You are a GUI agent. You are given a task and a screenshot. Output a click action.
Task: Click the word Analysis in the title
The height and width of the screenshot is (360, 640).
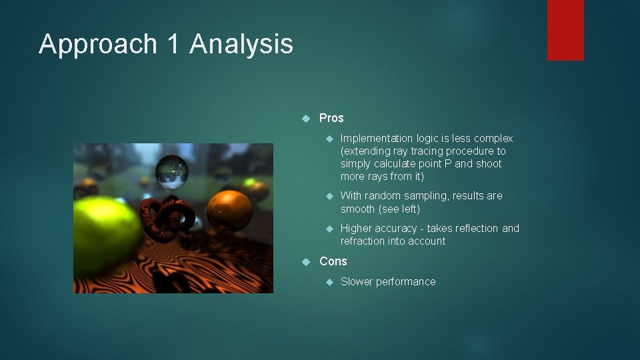tap(241, 45)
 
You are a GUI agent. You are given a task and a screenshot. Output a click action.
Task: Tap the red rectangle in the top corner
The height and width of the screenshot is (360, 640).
tap(565, 30)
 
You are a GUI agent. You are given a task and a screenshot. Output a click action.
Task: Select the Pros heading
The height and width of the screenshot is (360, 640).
tap(331, 118)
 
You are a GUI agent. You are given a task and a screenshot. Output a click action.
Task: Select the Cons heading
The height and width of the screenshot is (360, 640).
tap(333, 261)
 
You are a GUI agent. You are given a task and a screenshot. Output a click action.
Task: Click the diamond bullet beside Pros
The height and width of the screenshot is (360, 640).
tap(306, 118)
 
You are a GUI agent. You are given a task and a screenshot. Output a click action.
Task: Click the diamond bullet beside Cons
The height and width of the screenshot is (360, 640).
tap(306, 261)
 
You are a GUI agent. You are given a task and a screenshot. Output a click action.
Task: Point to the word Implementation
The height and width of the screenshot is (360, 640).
tap(377, 139)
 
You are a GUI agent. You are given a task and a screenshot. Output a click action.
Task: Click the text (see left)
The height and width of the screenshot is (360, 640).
tap(399, 209)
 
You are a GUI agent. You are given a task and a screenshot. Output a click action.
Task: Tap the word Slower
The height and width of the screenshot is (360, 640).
tap(357, 281)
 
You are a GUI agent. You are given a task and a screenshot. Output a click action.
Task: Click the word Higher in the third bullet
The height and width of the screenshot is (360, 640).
tap(357, 229)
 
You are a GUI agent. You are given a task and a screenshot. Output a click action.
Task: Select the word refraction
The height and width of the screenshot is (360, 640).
tap(364, 241)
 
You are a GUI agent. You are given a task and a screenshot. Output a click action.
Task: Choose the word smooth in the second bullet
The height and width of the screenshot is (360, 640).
tap(358, 209)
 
